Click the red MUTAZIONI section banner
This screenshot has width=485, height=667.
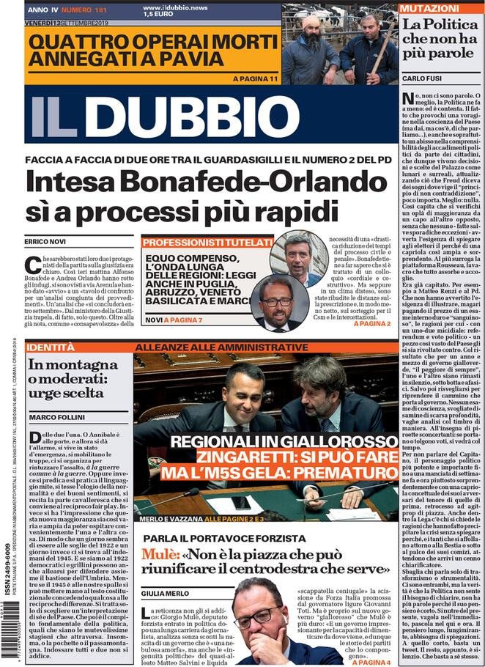425,8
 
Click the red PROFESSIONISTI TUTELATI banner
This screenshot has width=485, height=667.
207,243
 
